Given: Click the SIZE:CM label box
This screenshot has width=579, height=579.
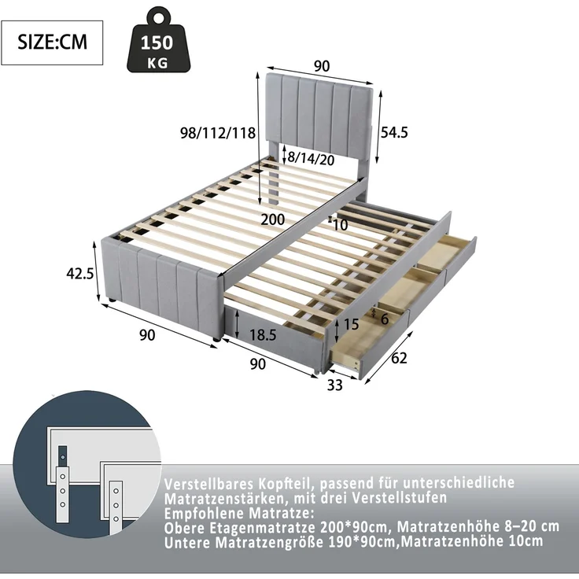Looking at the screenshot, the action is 52,42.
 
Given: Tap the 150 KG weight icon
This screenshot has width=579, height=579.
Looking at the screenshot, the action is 159,39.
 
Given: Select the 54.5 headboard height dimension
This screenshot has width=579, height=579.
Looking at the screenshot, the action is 394,132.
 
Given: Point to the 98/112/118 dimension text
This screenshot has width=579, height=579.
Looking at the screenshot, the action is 218,133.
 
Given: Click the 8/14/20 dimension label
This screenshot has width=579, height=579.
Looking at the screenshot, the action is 311,159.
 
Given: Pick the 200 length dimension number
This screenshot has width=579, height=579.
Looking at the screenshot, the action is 273,219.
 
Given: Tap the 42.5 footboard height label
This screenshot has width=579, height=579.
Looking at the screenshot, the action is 79,274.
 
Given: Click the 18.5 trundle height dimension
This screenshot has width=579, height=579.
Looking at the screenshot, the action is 263,335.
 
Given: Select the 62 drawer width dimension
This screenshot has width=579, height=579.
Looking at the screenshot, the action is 399,358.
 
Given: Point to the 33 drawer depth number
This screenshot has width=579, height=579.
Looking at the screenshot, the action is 335,385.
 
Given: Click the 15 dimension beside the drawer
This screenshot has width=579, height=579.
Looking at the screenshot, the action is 351,324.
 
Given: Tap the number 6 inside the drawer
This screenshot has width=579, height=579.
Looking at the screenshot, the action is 385,319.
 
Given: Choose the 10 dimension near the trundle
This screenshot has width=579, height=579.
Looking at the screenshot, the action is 340,225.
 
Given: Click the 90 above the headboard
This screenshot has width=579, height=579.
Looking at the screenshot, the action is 322,66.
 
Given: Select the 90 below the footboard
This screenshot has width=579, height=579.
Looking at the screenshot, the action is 147,335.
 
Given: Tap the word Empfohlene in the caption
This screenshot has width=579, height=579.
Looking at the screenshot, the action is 205,513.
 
